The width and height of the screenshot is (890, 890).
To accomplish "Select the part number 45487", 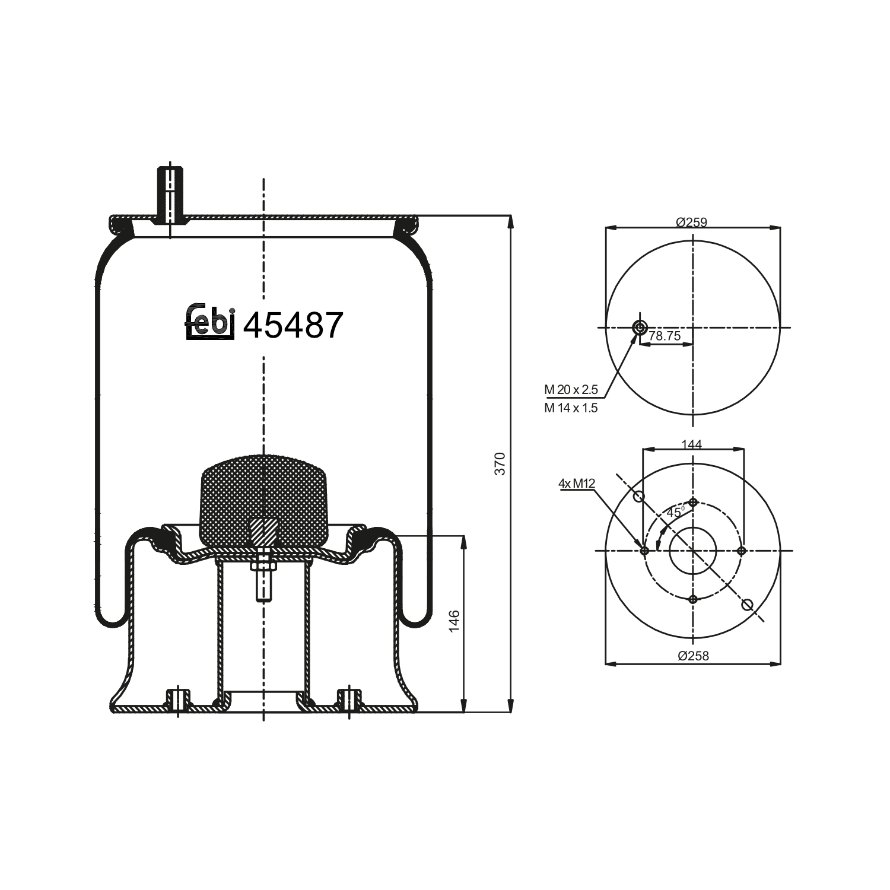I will [x=293, y=325].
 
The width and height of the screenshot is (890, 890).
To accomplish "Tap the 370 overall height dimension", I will [x=500, y=463].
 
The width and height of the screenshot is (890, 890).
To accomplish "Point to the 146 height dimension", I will [x=454, y=621].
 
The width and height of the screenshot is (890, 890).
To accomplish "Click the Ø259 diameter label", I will [x=691, y=223].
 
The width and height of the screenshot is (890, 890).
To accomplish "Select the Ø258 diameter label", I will [x=693, y=656].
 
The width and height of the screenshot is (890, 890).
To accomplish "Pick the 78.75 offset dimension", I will [x=665, y=336].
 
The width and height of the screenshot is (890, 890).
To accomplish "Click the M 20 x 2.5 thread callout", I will [x=571, y=390].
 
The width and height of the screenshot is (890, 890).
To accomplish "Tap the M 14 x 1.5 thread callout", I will [x=571, y=408].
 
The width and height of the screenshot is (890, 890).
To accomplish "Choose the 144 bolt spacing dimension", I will [x=691, y=444].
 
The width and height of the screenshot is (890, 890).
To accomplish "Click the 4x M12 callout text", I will [x=576, y=484].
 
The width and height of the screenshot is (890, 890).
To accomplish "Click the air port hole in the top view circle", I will [x=640, y=327].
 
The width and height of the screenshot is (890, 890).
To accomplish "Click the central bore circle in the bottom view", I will [x=693, y=551].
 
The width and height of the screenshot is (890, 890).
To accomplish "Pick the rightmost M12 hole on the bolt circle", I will [x=741, y=551].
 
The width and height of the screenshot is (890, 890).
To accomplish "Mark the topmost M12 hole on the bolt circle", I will [x=693, y=503].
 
